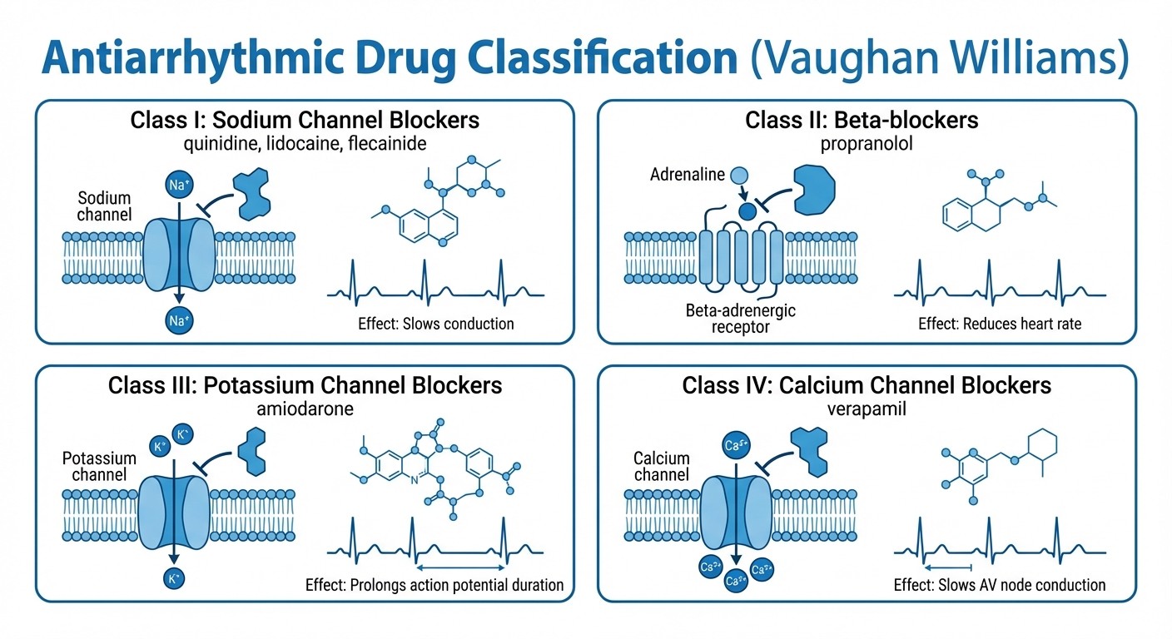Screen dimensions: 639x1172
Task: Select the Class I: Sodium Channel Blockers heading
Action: pos(305,120)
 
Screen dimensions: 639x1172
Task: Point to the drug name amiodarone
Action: pos(305,409)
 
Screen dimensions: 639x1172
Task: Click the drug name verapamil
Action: pos(867,409)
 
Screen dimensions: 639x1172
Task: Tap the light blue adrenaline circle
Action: pos(738,175)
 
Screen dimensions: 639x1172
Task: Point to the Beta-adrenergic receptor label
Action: pos(741,319)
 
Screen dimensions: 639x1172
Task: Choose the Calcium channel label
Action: pos(662,467)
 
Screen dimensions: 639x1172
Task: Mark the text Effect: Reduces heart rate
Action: pos(1000,323)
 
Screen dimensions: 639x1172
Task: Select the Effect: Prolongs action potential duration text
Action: pos(435,585)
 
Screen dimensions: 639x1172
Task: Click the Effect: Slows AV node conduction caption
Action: pos(1000,585)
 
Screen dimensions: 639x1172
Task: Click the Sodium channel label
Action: pos(105,206)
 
